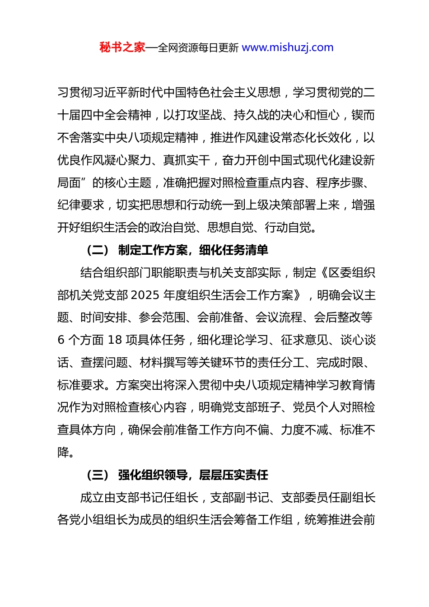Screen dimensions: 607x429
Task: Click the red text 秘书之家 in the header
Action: (x=122, y=47)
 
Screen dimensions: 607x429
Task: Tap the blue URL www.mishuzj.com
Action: (x=288, y=47)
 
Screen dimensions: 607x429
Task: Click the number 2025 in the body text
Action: (x=145, y=295)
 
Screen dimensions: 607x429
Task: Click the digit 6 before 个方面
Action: (x=61, y=340)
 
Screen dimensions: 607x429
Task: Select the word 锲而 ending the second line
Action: (x=363, y=115)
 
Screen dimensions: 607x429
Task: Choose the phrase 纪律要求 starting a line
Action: (x=81, y=205)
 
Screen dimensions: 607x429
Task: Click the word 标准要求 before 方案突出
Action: (x=81, y=385)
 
